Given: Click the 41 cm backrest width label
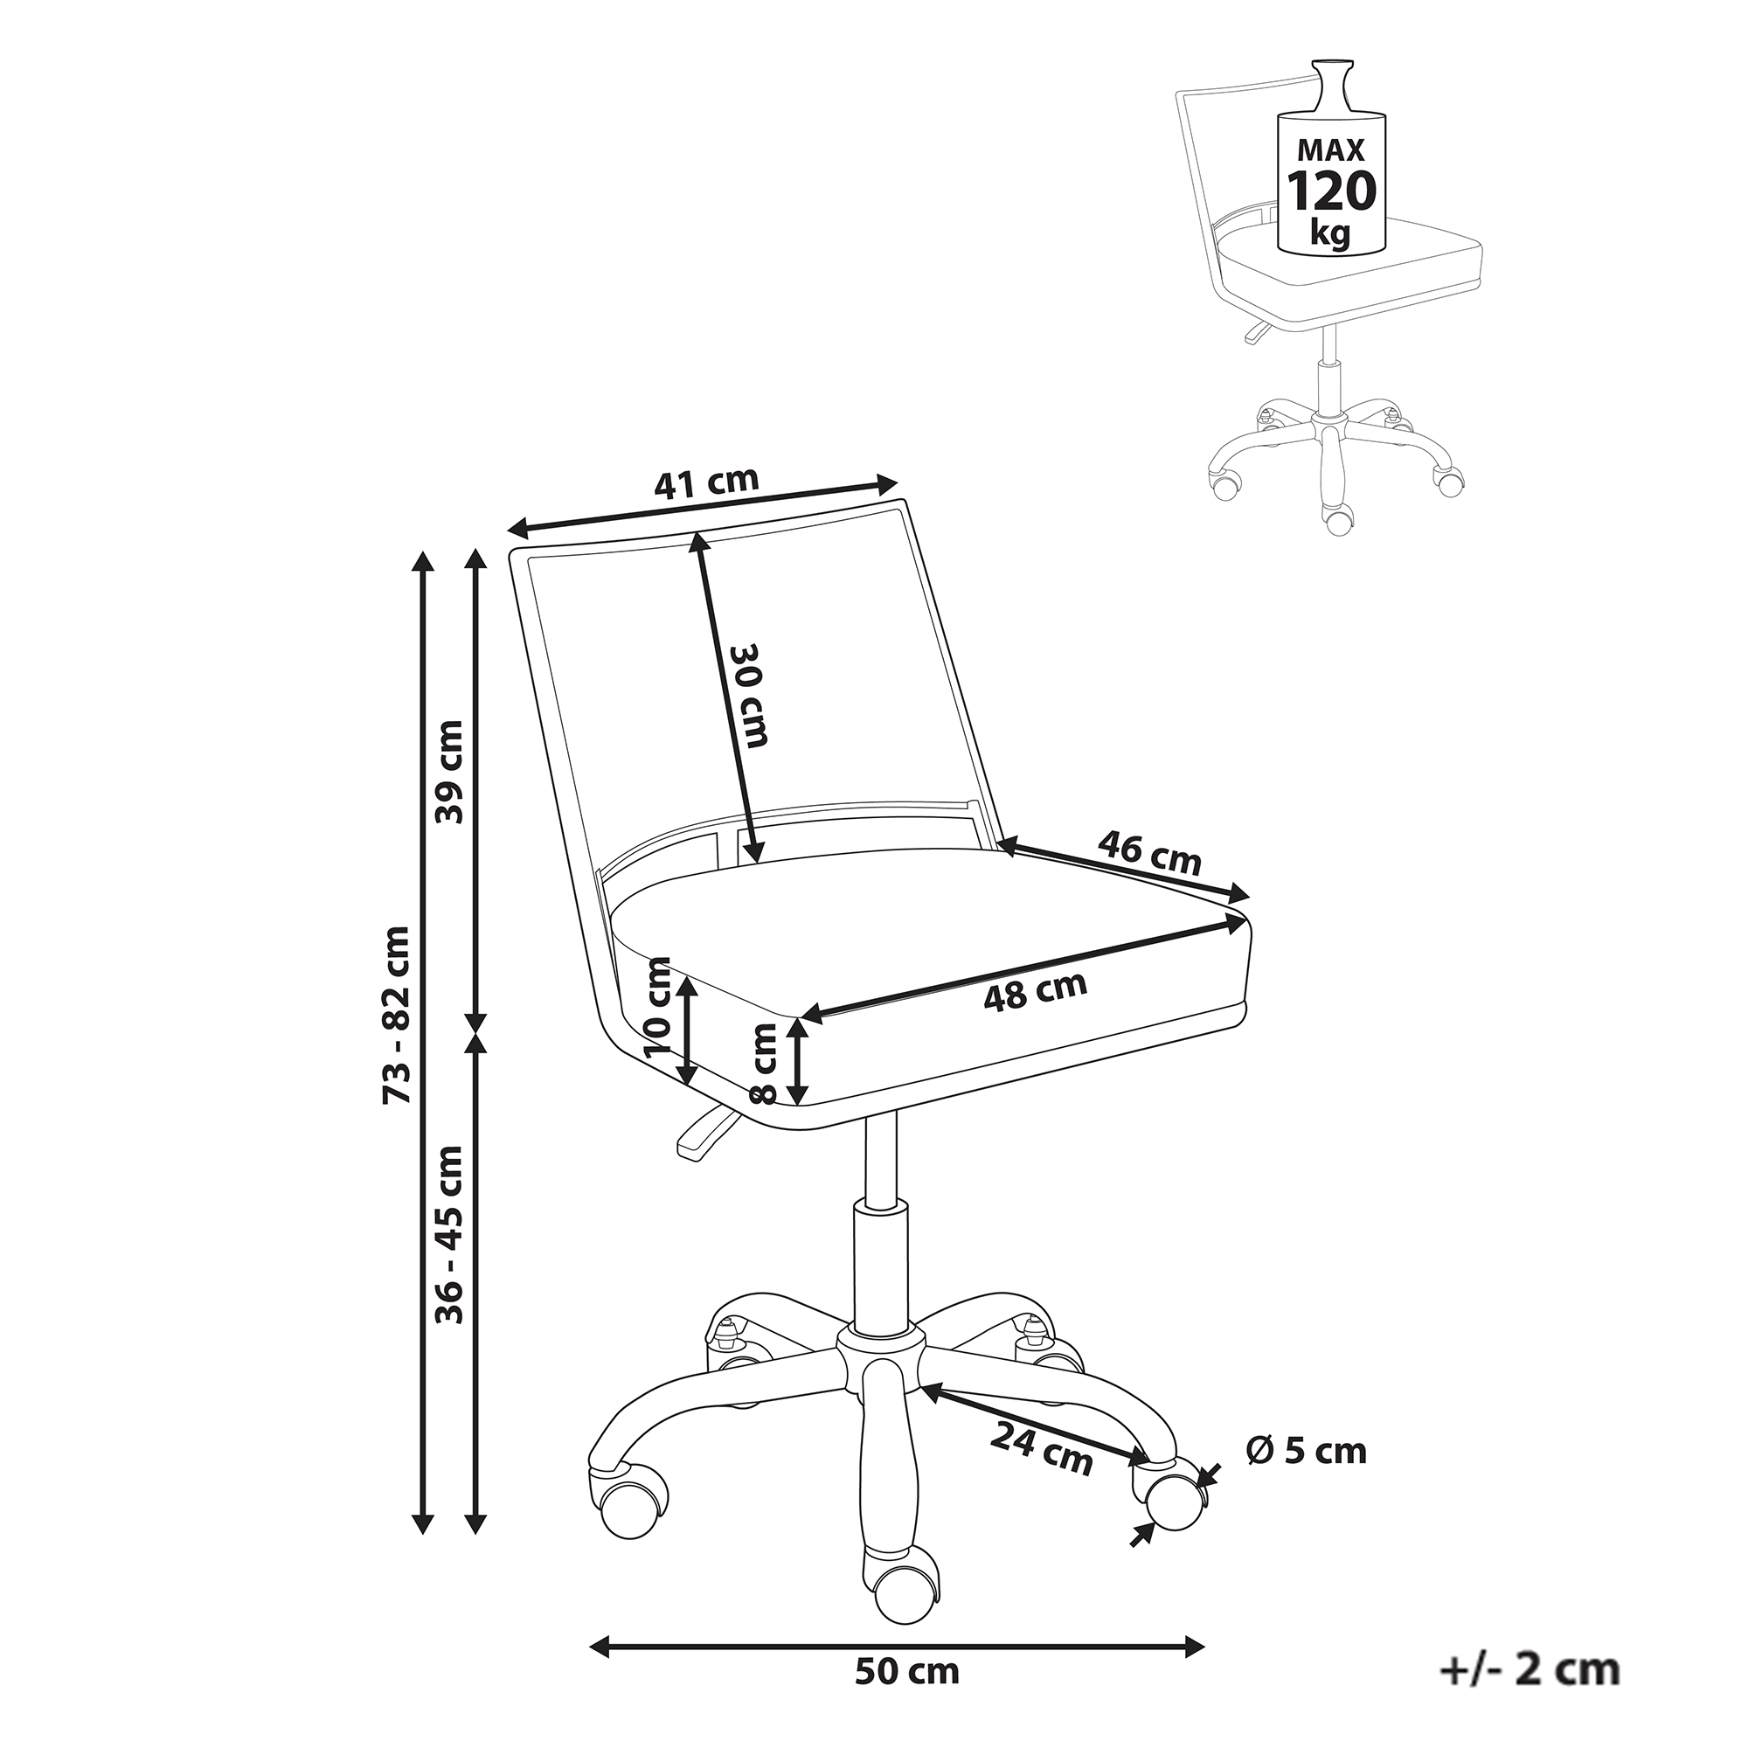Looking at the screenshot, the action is point(706,483).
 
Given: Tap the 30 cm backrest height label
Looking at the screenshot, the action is point(749,695).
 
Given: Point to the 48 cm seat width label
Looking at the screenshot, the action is point(1035,991).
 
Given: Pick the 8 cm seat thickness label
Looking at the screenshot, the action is point(765,1063).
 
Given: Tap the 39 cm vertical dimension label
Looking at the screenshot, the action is point(448,771).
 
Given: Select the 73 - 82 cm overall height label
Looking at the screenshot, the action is point(395,1013).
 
